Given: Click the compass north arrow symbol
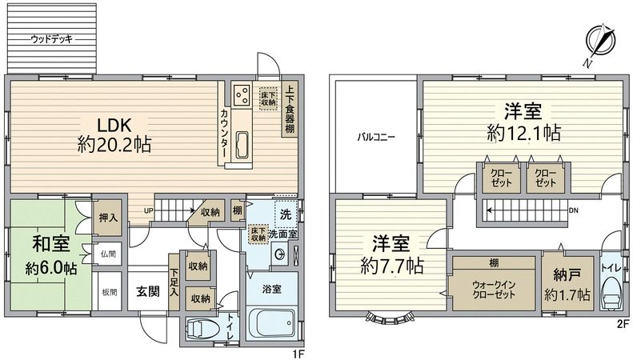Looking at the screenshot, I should coord(599,42).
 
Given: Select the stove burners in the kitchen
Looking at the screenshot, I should coord(241,96).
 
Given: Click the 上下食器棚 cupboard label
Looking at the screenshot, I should coord(288,108).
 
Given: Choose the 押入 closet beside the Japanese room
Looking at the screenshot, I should coord(107,216).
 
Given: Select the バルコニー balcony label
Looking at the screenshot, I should coord(375,137).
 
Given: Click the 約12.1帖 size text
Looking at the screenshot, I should coord(521,131).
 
